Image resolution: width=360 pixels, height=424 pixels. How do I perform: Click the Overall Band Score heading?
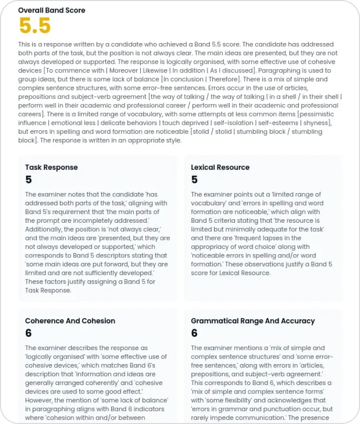[x=51, y=10]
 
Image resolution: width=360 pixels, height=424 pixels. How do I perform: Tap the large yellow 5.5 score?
[x=35, y=26]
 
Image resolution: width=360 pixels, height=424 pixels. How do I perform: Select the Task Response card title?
[x=51, y=167]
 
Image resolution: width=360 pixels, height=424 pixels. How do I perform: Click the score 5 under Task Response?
[x=29, y=180]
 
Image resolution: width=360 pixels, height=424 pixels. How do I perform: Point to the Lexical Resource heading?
[x=220, y=167]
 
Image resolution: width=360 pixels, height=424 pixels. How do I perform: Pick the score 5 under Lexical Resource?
[x=194, y=180]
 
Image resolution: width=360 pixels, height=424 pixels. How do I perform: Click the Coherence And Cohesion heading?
[x=70, y=321]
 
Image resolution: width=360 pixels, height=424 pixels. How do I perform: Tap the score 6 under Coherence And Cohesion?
[x=29, y=333]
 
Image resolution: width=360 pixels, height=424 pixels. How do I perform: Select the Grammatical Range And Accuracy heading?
[x=252, y=321]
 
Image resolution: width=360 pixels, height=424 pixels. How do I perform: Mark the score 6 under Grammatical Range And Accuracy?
[x=194, y=333]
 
